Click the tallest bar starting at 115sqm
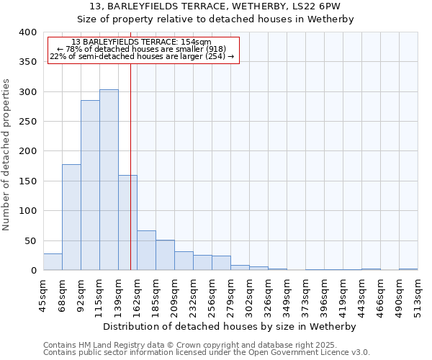[109, 180]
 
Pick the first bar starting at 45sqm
[53, 262]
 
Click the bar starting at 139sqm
[127, 222]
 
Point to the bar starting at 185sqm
[165, 255]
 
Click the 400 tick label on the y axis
[27, 32]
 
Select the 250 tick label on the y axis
[27, 122]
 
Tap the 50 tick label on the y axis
[30, 240]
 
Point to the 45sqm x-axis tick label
[43, 293]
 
